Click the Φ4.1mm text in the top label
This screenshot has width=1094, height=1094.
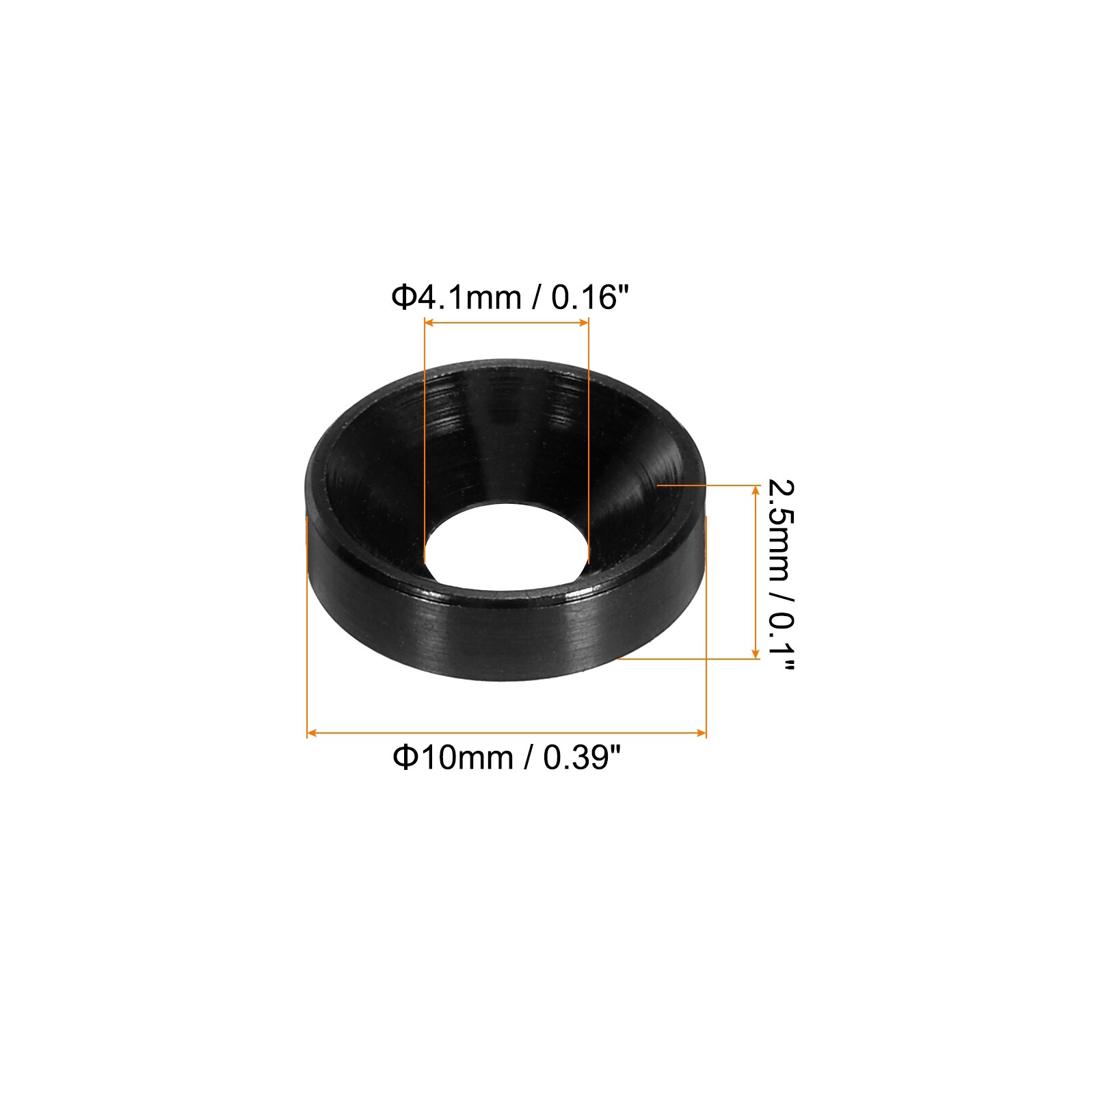click(x=455, y=298)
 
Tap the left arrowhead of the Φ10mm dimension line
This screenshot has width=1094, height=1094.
click(x=312, y=733)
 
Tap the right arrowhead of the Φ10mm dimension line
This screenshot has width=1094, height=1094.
click(x=701, y=733)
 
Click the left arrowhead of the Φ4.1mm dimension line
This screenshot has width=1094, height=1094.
click(x=429, y=323)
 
